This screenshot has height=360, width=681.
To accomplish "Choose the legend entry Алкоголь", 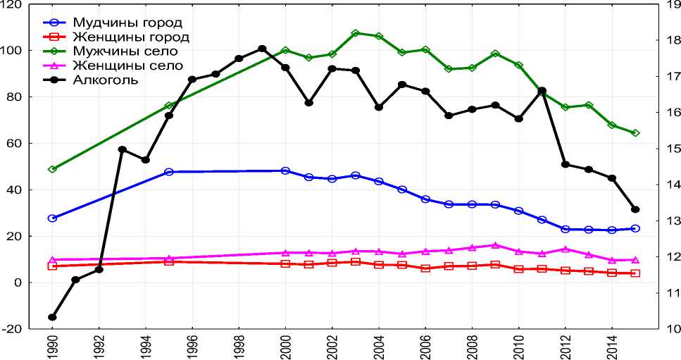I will point(106,80).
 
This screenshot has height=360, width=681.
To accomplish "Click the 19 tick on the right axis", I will point(670,5).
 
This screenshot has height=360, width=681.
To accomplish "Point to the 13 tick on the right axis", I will point(670,221).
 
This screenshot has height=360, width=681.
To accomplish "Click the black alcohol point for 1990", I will point(52,317).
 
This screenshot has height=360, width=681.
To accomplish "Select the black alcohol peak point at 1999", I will point(262,49).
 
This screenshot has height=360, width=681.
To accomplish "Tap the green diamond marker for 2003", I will point(355,33).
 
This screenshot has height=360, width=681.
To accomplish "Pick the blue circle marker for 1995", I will point(169,172).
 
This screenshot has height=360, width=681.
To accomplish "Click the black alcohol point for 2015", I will point(635,209).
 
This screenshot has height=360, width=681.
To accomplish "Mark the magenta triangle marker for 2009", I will point(495,245).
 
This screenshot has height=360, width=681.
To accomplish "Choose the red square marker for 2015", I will point(635,273).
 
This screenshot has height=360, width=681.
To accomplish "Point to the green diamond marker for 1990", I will point(52,169).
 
